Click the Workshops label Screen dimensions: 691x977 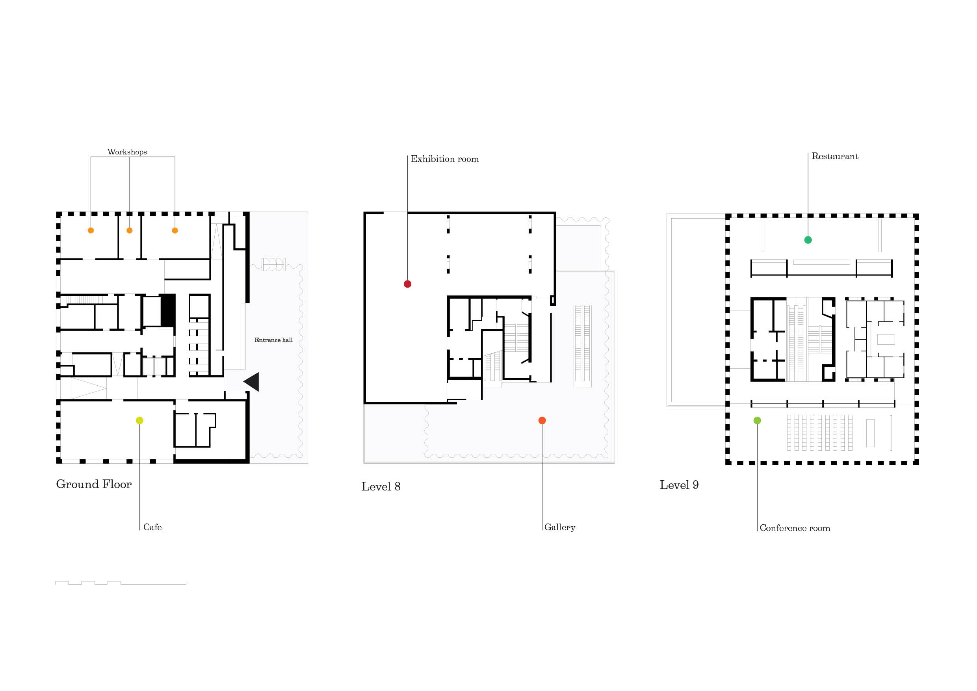coord(127,152)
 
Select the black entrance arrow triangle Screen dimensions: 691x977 coord(253,382)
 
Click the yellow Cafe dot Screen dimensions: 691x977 coord(139,420)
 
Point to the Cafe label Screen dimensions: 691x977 coord(152,527)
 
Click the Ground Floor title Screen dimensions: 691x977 coord(94,484)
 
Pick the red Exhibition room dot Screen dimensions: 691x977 coord(407,284)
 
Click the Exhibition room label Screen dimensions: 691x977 coord(445,159)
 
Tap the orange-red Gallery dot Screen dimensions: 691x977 coord(542,420)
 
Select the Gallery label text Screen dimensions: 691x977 coord(559,528)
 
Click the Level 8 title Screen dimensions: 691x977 coord(381,486)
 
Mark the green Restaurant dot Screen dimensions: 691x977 coord(808,240)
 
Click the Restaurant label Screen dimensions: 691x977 coord(835,156)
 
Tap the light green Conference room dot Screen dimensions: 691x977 coord(757,420)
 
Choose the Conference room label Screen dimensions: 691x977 coord(795,528)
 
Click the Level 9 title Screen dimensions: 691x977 coord(679,485)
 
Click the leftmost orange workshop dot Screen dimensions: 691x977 coord(91,230)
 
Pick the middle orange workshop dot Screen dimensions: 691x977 coord(129,230)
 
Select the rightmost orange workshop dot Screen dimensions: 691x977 coord(175,230)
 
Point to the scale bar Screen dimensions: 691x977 coord(121,583)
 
